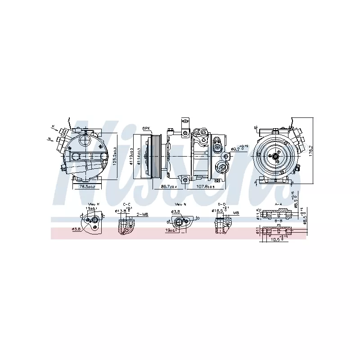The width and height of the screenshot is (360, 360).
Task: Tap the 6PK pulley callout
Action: coord(146,128)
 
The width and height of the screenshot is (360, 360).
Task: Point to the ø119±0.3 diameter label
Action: coord(132,157)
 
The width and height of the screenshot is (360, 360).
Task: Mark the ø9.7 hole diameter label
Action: coord(238,148)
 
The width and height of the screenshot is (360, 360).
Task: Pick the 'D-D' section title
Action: coord(221,205)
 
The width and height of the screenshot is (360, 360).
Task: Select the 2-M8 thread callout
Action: coord(142,214)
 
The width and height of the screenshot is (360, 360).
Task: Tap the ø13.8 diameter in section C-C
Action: coord(120,211)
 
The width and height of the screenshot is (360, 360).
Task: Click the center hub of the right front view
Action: coord(274,156)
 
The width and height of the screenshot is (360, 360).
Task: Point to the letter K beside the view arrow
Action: coord(53,126)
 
